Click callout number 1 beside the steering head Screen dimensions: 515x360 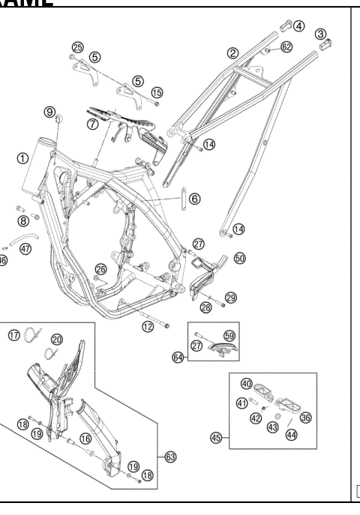pyautogui.click(x=23, y=158)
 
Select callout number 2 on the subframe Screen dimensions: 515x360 pyautogui.click(x=233, y=52)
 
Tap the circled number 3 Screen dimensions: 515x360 pyautogui.click(x=320, y=33)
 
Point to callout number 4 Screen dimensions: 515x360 pyautogui.click(x=298, y=25)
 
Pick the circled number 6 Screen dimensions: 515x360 pyautogui.click(x=194, y=199)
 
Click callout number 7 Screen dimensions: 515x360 pyautogui.click(x=92, y=124)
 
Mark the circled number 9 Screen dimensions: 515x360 pyautogui.click(x=50, y=112)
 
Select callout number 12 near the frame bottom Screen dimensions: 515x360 pyautogui.click(x=148, y=326)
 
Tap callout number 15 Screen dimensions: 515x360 pyautogui.click(x=157, y=92)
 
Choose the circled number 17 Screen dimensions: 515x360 pyautogui.click(x=14, y=334)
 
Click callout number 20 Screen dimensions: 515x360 pyautogui.click(x=57, y=340)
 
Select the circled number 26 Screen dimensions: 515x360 pyautogui.click(x=100, y=268)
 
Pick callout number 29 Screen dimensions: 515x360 pyautogui.click(x=230, y=298)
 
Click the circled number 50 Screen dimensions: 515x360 pyautogui.click(x=239, y=258)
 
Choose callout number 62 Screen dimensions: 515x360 pyautogui.click(x=286, y=46)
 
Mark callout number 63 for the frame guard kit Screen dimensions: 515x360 pyautogui.click(x=171, y=455)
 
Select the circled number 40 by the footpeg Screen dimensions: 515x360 pyautogui.click(x=246, y=384)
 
